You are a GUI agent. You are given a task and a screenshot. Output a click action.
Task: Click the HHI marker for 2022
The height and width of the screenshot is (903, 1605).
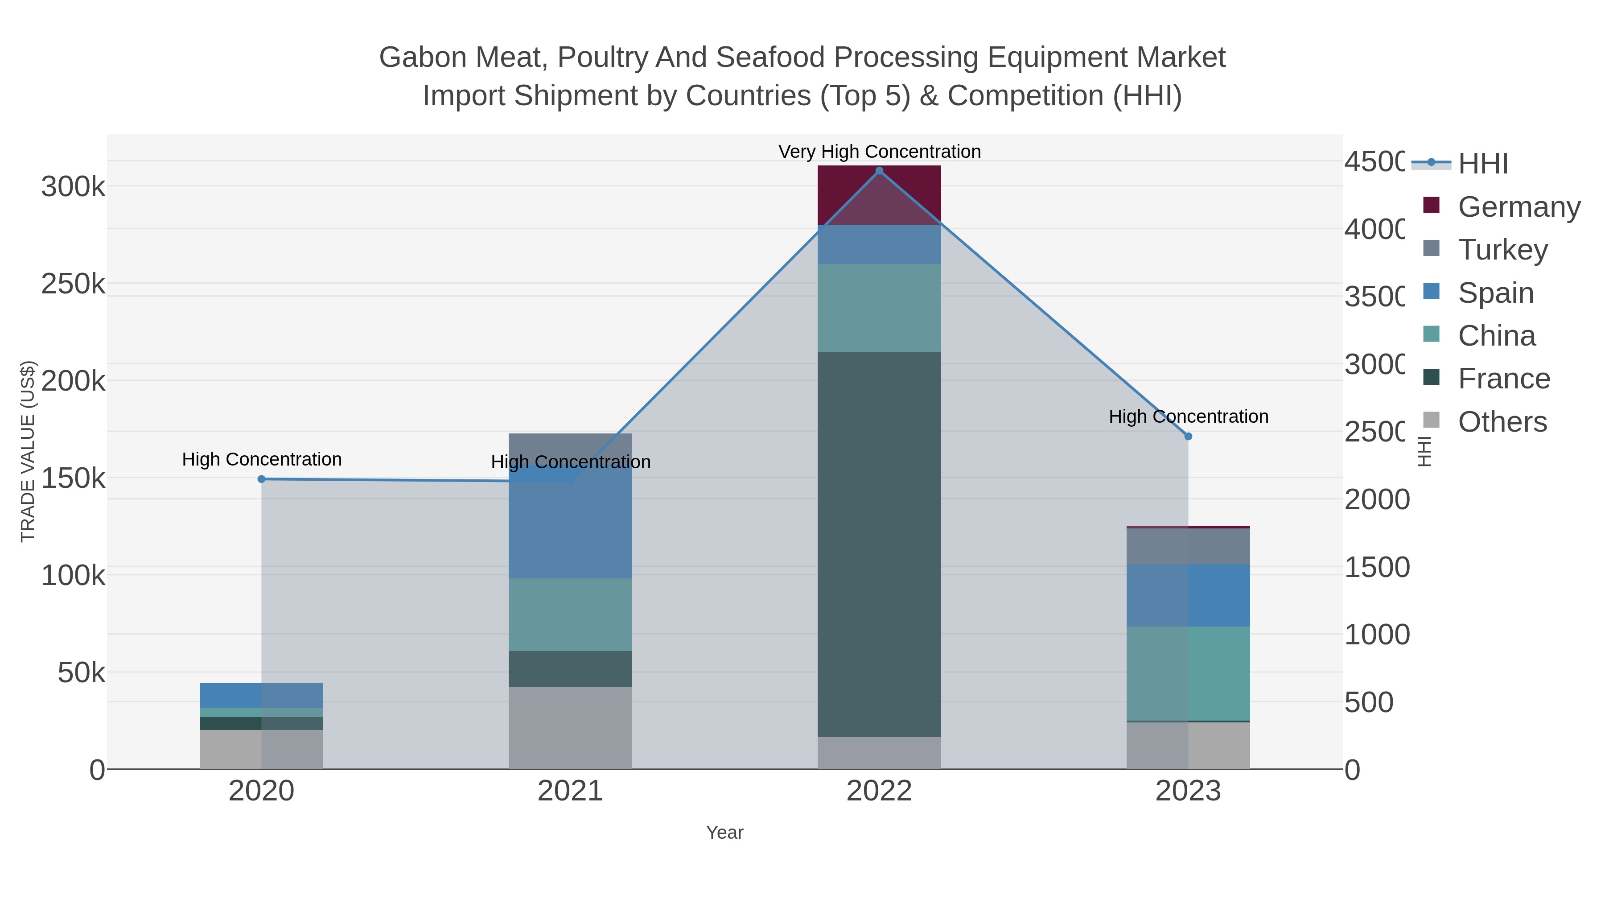879,171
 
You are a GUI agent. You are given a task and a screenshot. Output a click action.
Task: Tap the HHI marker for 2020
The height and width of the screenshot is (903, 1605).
262,479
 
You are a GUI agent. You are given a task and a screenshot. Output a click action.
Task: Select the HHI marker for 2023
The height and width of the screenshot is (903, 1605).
1188,436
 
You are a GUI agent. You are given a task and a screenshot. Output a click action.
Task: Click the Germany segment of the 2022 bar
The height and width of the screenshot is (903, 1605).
879,195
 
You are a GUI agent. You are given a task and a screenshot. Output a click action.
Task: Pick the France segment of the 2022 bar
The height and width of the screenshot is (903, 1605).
879,544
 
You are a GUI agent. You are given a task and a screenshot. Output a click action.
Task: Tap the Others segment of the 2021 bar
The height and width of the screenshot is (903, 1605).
570,728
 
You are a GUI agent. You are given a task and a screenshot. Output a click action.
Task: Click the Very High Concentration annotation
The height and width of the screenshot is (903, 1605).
879,152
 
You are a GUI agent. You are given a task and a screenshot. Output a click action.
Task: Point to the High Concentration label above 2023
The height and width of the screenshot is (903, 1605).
1188,416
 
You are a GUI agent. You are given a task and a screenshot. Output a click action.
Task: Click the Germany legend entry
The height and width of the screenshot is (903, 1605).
1519,206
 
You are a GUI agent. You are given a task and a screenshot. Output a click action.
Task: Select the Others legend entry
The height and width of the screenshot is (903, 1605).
1502,422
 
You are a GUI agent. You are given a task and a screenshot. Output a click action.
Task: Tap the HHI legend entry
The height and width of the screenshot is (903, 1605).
1483,163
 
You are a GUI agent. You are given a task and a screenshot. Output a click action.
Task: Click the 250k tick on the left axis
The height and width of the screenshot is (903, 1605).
73,284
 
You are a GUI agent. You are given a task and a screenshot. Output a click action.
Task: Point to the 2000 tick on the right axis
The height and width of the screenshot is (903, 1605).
1376,500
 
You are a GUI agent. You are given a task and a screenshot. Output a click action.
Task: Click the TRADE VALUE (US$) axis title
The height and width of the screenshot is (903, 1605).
28,451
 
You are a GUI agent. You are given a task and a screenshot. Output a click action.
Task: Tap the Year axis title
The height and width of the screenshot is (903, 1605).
724,833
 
